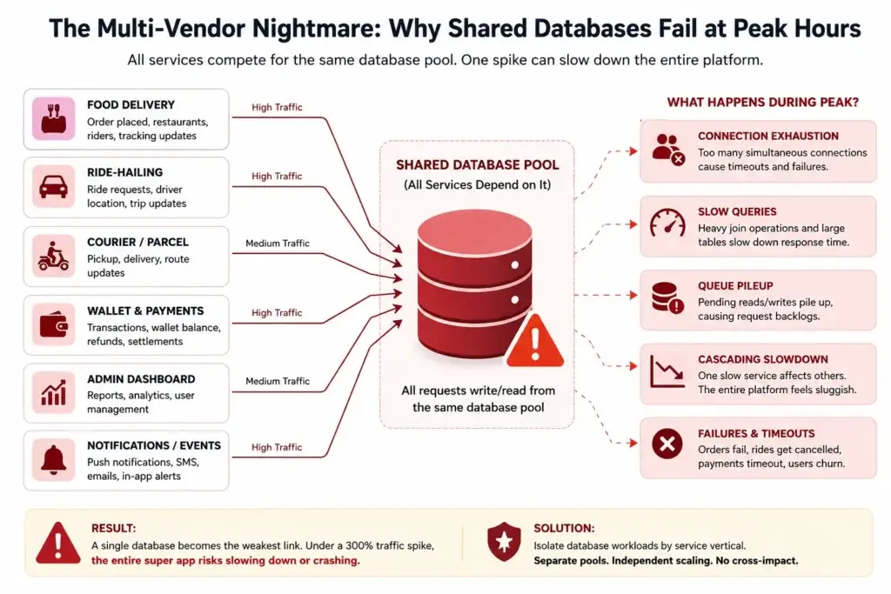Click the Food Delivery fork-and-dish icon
(53, 118)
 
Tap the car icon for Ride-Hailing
(53, 186)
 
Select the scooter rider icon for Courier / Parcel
(53, 256)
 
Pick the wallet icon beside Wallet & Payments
(53, 324)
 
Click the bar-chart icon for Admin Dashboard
(53, 392)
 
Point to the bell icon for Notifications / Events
(53, 459)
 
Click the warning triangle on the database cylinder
(535, 341)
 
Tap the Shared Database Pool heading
(478, 164)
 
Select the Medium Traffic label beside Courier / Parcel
(278, 243)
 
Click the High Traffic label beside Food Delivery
(277, 107)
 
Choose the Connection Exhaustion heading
(768, 136)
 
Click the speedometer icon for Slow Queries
(667, 223)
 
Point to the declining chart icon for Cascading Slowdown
(667, 372)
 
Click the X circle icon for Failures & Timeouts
(667, 444)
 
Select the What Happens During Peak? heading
(762, 103)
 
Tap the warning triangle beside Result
(58, 543)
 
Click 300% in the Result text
(359, 545)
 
